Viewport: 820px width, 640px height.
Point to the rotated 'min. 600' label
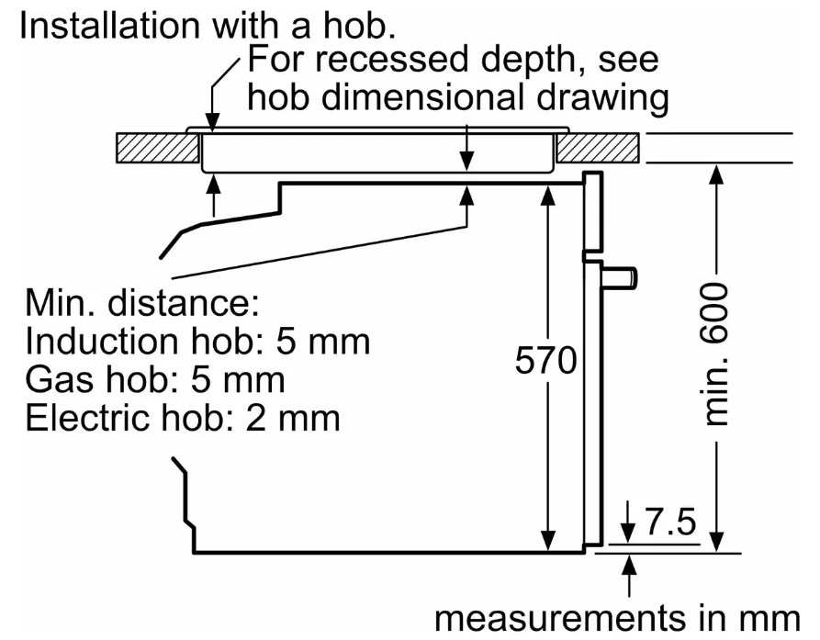coord(717,354)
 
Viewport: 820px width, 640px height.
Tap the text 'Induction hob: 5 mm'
coord(197,342)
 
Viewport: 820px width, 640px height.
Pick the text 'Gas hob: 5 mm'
coord(154,379)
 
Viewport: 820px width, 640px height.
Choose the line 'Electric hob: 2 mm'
coord(183,418)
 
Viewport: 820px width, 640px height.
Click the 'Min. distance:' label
coord(142,302)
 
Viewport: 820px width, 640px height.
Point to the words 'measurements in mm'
coord(616,615)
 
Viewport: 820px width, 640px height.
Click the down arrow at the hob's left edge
coord(213,118)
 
